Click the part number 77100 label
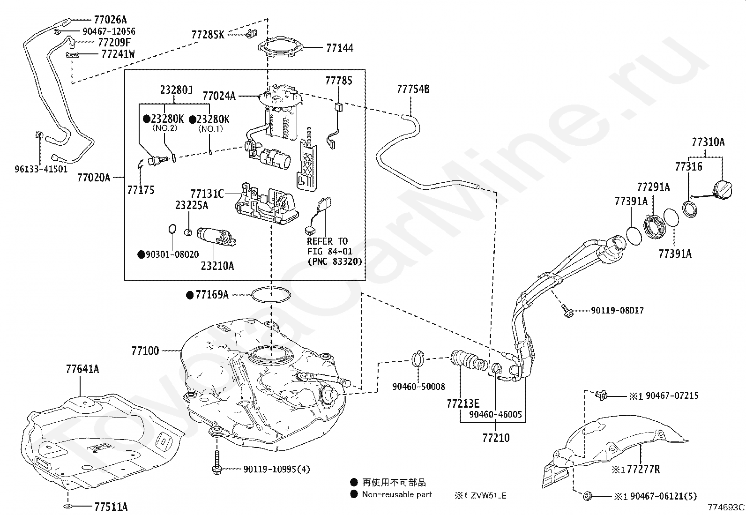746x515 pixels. [145, 351]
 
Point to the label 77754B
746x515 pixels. [413, 90]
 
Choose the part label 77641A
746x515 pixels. [82, 369]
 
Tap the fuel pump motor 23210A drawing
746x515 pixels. [216, 237]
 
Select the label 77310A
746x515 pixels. [708, 142]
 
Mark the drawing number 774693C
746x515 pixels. [726, 508]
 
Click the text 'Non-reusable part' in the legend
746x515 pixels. [396, 495]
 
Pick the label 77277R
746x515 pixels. [643, 470]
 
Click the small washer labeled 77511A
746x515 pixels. [67, 507]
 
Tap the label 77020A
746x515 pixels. [94, 178]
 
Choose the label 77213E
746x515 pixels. [463, 404]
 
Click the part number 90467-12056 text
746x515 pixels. [109, 32]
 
